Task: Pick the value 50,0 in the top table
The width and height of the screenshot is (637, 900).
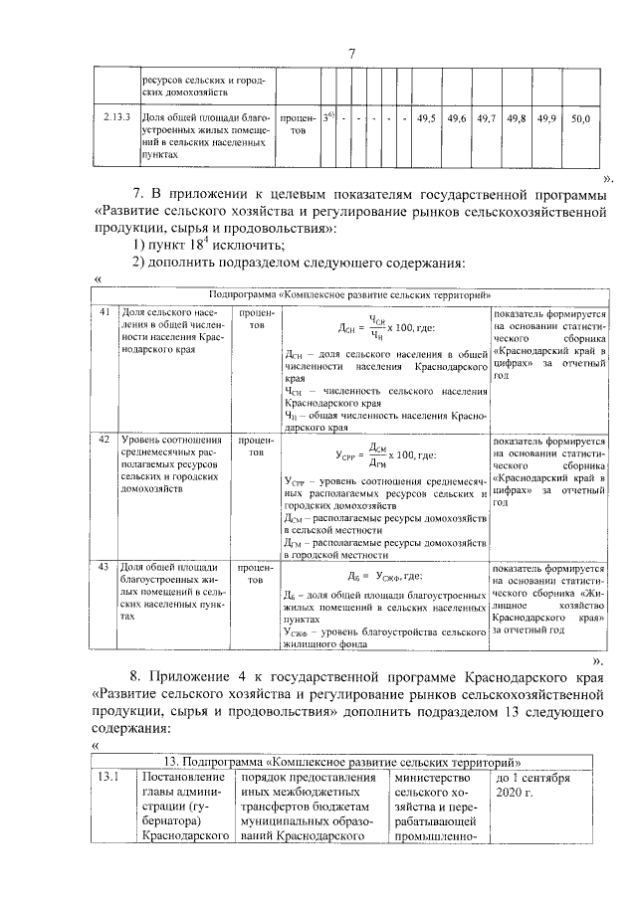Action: pos(580,118)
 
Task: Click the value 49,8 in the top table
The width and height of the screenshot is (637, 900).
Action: pos(516,118)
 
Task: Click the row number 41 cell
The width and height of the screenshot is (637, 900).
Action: pos(105,312)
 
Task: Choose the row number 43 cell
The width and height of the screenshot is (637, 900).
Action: pos(105,566)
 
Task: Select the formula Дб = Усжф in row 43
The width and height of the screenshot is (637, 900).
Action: pos(385,576)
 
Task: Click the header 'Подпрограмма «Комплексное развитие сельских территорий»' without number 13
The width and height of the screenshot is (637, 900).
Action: pos(351,295)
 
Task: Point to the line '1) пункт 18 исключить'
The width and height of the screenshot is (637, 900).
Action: pos(209,245)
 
